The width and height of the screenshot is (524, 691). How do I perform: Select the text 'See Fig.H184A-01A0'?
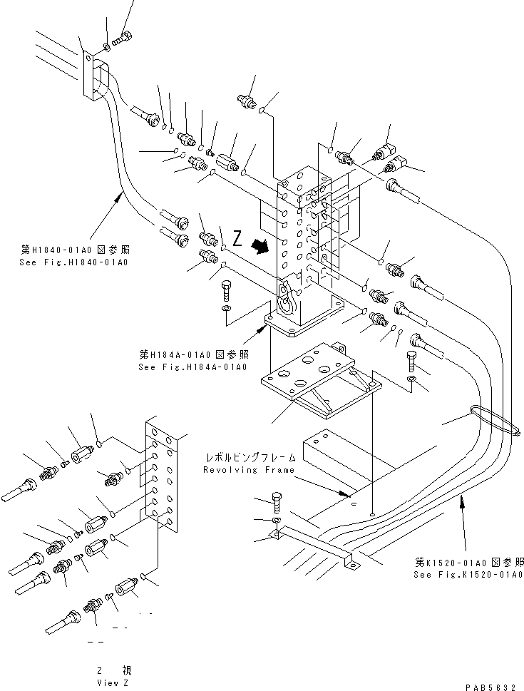(192, 367)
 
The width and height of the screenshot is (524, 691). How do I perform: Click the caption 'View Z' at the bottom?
(113, 682)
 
